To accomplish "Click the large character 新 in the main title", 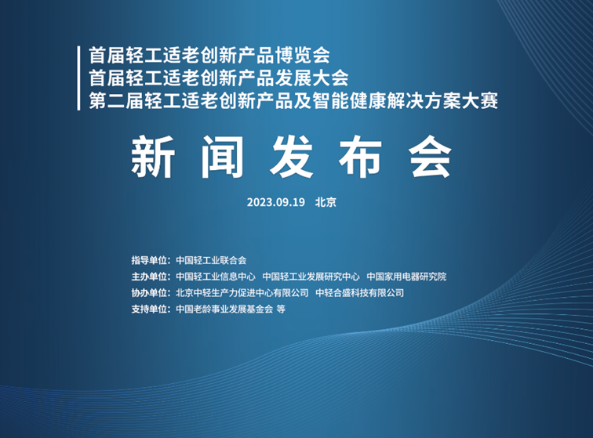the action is pos(153,157).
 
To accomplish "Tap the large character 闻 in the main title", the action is pos(223,157).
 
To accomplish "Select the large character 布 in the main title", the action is pos(360,157).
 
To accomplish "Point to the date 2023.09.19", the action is pos(275,202).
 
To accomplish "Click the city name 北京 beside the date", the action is pos(326,202).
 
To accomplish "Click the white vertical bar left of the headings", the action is pos(78,78).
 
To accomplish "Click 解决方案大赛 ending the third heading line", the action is pos(442,101).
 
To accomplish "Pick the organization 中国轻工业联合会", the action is pos(211,260).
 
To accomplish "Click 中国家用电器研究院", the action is pos(406,277).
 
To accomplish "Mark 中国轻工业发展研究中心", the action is pos(311,277).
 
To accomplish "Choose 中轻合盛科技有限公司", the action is pos(360,293).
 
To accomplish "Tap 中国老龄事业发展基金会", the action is pos(224,309).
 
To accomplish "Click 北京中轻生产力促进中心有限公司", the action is pos(242,293).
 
